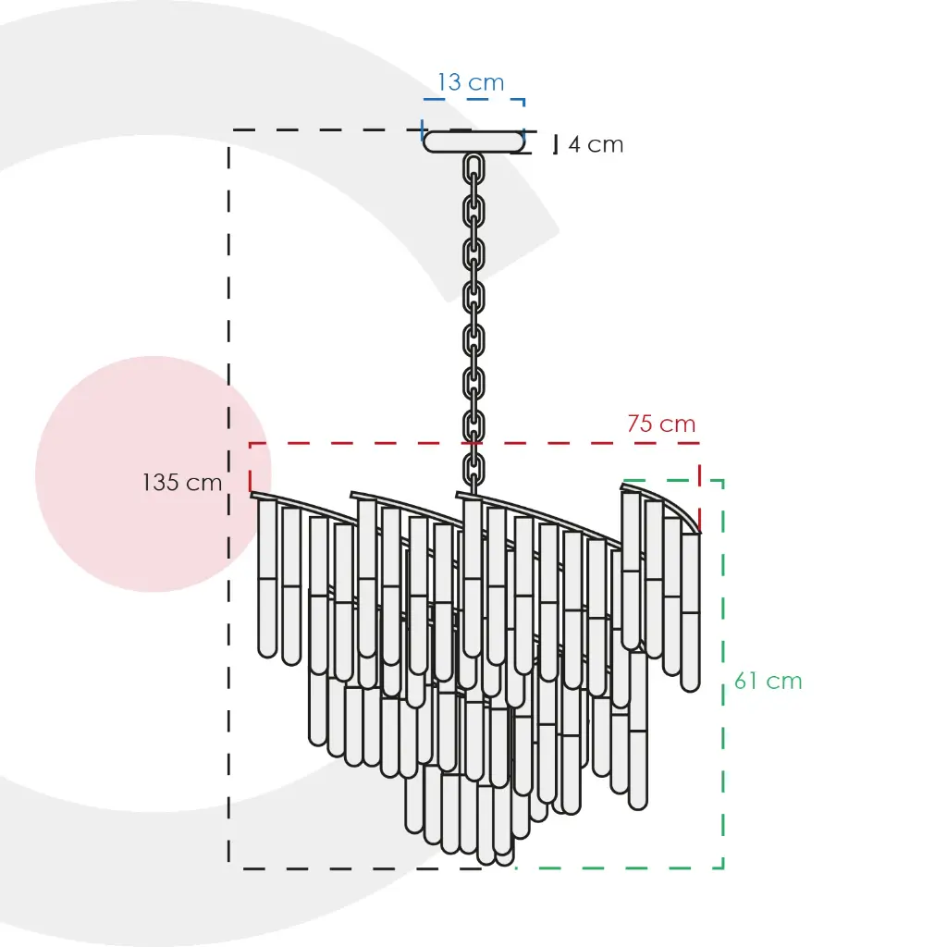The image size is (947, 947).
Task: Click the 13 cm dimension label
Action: [x=471, y=82]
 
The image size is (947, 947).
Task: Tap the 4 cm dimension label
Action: [x=596, y=144]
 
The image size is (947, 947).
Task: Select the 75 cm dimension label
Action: [x=661, y=424]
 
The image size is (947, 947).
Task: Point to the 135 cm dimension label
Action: [x=182, y=482]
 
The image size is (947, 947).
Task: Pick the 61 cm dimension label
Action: [x=769, y=681]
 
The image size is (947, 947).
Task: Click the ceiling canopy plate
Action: [x=473, y=141]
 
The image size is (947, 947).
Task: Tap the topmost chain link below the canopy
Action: [x=473, y=168]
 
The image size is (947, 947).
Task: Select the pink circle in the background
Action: [x=153, y=473]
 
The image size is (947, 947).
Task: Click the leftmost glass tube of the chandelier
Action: [x=267, y=578]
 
